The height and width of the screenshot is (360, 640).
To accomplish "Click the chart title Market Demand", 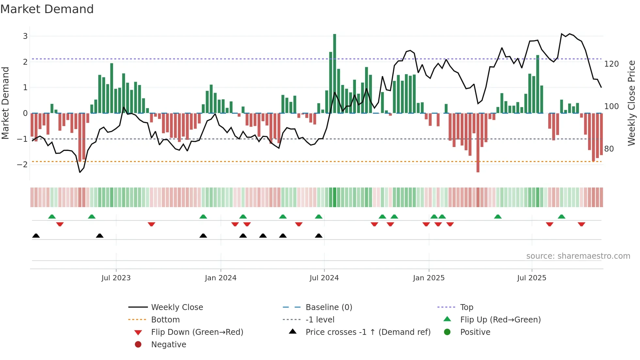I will pyautogui.click(x=47, y=9).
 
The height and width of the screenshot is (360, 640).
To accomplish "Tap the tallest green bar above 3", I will pyautogui.click(x=334, y=74).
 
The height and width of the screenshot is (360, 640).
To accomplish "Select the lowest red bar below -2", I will pyautogui.click(x=478, y=142).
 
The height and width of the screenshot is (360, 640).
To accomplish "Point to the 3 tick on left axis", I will pyautogui.click(x=25, y=36).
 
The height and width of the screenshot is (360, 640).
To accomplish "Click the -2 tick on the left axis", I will pyautogui.click(x=23, y=164).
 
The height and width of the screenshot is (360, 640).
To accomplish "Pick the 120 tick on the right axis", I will pyautogui.click(x=611, y=64).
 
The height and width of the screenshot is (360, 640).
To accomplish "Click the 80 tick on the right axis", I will pyautogui.click(x=609, y=149).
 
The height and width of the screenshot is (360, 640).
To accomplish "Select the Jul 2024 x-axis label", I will pyautogui.click(x=324, y=278).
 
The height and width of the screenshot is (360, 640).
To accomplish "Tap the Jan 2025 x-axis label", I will pyautogui.click(x=428, y=278).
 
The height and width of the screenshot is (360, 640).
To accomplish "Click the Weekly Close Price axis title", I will pyautogui.click(x=632, y=103).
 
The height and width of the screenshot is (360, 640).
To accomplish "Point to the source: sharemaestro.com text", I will pyautogui.click(x=578, y=256).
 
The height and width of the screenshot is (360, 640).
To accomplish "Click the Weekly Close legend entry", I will pyautogui.click(x=177, y=307).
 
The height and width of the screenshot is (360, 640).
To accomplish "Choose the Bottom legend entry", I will pyautogui.click(x=165, y=320).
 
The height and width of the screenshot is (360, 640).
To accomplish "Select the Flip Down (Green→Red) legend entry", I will pyautogui.click(x=197, y=332).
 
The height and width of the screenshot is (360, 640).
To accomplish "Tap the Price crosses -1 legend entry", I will pyautogui.click(x=368, y=332).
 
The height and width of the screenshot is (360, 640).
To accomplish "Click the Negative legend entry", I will pyautogui.click(x=168, y=345).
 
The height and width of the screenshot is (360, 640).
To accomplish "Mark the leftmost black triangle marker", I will pyautogui.click(x=36, y=236).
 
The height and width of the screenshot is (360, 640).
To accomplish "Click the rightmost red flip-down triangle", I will pyautogui.click(x=581, y=224).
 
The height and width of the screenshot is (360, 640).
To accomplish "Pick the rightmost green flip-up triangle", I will pyautogui.click(x=561, y=217).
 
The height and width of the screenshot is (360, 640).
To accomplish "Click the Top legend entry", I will pyautogui.click(x=466, y=307).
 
